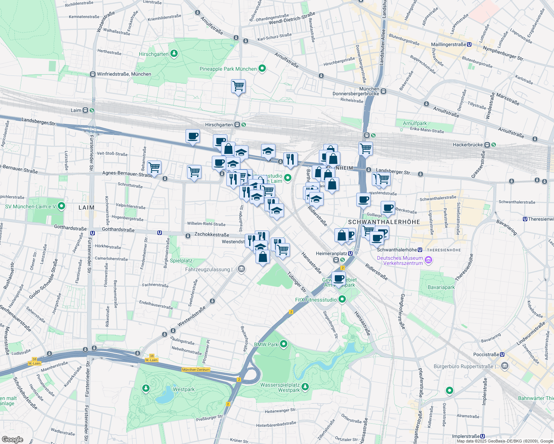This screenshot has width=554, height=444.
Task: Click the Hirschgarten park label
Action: point(154,54)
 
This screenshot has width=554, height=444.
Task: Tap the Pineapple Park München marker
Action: point(262,68)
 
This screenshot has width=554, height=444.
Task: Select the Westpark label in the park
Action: point(184,389)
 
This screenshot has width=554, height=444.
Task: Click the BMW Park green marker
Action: point(284,344)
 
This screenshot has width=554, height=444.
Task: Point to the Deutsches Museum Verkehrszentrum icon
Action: point(428,260)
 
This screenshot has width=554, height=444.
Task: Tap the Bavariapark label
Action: point(441,287)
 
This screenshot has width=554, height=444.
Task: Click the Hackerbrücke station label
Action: point(468,145)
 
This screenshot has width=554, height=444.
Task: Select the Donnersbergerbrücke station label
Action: point(356,94)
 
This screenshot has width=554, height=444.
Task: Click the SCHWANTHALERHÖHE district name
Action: point(384,222)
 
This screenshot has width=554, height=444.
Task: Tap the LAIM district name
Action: point(86,208)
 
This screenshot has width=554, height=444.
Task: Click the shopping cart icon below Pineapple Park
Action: point(238,86)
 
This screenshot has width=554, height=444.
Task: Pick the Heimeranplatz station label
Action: point(331,253)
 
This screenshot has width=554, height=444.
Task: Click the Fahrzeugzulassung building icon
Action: point(241,269)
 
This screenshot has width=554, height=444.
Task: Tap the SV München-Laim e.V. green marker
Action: point(61,206)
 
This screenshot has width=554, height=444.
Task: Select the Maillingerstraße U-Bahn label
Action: point(448,44)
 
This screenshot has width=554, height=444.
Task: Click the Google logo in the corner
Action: point(13,439)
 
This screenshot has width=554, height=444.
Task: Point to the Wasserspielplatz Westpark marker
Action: point(305,387)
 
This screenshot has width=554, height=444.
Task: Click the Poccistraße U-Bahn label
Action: point(486,354)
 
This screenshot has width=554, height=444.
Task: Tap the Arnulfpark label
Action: point(415,123)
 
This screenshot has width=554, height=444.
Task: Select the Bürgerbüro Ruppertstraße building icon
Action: point(504,366)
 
